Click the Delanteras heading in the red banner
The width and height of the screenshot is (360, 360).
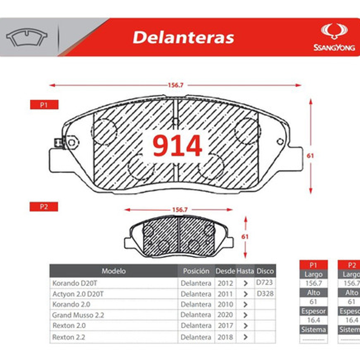[x=183, y=37]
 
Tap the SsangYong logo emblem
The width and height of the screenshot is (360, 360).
[x=334, y=31]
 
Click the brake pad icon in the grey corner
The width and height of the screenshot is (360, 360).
[x=27, y=37]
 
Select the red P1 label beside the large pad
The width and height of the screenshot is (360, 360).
[x=44, y=105]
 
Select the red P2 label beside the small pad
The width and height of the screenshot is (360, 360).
[x=44, y=207]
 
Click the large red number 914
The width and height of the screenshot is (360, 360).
[x=177, y=146]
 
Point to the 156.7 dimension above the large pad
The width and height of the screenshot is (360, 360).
[x=176, y=85]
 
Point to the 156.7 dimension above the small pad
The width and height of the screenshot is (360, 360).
[x=180, y=210]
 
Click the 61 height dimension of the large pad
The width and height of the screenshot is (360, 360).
[x=310, y=156]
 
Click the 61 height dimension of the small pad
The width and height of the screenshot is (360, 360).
[x=245, y=237]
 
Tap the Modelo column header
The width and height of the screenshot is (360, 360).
[x=113, y=271]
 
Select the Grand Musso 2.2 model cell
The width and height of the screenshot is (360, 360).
[x=78, y=315]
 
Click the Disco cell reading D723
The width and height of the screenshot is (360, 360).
[x=264, y=282]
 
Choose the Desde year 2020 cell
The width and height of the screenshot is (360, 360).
[x=225, y=315]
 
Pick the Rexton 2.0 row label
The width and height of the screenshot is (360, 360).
[x=69, y=326]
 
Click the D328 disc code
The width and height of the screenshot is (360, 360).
[x=265, y=294]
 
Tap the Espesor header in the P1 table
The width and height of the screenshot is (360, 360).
[x=313, y=311]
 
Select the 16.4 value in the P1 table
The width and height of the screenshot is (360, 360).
[x=313, y=320]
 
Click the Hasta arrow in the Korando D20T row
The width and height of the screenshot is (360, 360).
[x=245, y=284]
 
